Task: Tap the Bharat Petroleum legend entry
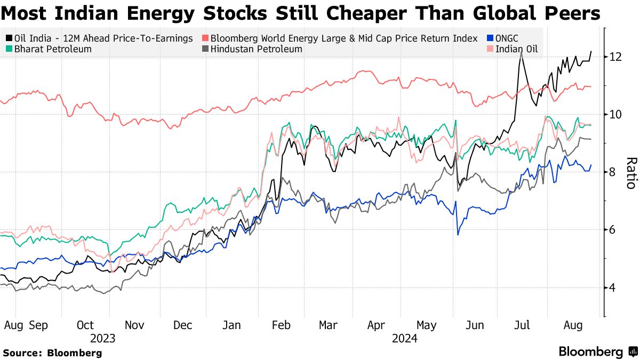coord(48,49)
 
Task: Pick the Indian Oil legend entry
coord(513,49)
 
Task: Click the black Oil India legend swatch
coord(9,38)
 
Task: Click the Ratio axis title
coord(630,173)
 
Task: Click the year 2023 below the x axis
coord(103,338)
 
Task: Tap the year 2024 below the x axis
coord(404,338)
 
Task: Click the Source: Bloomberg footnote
coord(52,353)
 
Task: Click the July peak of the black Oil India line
coord(521,52)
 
